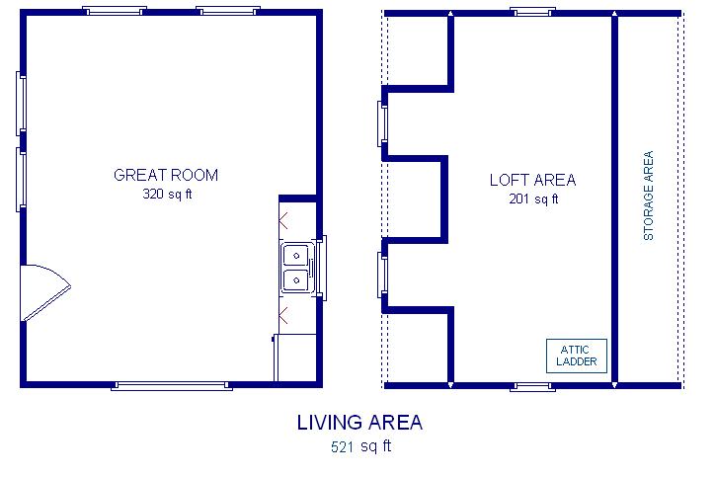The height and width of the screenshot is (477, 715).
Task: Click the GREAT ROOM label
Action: point(166,175)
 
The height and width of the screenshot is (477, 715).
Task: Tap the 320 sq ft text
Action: point(167,195)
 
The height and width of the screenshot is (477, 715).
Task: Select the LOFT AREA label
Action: point(532,180)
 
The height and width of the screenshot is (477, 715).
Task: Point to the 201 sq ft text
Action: point(533,199)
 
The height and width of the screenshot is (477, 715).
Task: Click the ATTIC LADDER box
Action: point(577,356)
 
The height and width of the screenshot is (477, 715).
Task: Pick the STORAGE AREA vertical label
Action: point(649,196)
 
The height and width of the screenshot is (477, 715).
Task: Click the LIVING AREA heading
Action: point(359,423)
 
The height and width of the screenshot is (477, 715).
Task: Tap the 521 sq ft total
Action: point(361,446)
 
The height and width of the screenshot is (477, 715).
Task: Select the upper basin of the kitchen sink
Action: point(296,256)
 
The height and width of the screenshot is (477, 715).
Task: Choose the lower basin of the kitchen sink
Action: point(296,280)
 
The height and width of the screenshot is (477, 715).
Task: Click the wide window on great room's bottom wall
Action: point(172,386)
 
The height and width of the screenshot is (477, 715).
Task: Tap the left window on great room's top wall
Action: point(115,11)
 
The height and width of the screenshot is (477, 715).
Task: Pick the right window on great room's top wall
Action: point(228,11)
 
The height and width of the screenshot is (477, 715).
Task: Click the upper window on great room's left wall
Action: point(21,104)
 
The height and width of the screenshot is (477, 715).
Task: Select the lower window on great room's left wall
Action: point(21,180)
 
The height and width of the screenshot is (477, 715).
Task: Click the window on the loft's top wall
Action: point(532,12)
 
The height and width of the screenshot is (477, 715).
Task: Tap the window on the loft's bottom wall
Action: point(532,387)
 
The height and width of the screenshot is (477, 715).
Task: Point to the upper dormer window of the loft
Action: point(382,123)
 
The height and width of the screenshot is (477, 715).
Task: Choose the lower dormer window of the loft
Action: point(382,275)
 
